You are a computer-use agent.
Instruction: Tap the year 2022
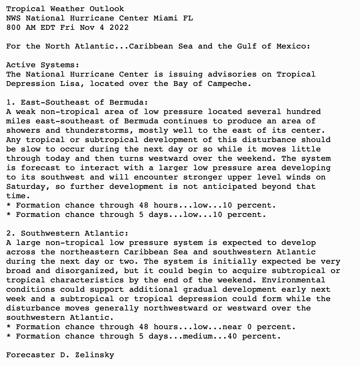click(119, 27)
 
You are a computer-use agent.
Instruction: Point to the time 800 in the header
click(13, 27)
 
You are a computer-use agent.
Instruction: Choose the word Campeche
click(229, 84)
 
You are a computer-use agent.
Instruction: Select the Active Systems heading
click(43, 65)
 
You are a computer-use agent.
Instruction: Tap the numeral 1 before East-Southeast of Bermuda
click(9, 102)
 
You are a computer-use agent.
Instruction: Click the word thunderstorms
click(100, 130)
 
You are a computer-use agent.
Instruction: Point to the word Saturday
click(26, 187)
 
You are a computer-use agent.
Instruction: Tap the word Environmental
click(293, 280)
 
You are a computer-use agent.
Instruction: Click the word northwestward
click(176, 308)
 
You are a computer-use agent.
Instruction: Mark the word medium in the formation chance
click(198, 336)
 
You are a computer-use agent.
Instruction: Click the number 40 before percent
click(232, 336)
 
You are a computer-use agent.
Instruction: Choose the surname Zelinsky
click(95, 355)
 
